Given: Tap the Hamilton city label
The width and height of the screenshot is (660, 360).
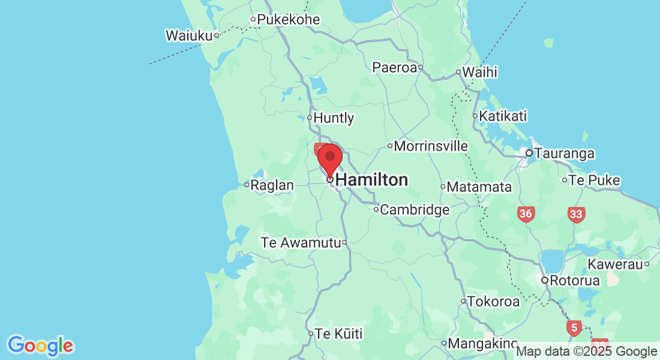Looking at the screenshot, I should (371, 179).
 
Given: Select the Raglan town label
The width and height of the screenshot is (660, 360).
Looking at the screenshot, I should (272, 185).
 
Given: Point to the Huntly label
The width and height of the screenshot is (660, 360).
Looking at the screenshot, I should (334, 118).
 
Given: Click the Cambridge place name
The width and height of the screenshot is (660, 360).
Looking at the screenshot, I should (415, 210).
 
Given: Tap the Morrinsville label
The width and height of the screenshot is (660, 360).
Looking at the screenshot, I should (431, 146).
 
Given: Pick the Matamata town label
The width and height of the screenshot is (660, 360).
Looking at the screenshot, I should (479, 187).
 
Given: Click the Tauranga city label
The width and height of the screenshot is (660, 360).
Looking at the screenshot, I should (564, 154).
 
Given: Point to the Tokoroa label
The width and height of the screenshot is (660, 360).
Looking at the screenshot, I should (493, 301).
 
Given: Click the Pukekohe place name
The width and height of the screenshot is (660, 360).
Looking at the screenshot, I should (288, 20).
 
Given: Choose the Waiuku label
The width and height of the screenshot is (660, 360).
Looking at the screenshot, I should (189, 35).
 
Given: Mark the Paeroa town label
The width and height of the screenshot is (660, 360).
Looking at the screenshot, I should (394, 67).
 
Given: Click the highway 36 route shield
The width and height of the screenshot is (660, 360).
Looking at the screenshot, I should (526, 214).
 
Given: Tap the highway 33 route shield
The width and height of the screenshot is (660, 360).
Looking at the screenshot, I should (577, 214).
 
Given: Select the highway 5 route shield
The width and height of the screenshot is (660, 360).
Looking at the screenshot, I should (574, 328).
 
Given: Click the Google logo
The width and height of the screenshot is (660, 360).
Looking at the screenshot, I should (41, 345).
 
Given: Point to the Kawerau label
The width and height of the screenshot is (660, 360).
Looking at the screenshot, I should (614, 264).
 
